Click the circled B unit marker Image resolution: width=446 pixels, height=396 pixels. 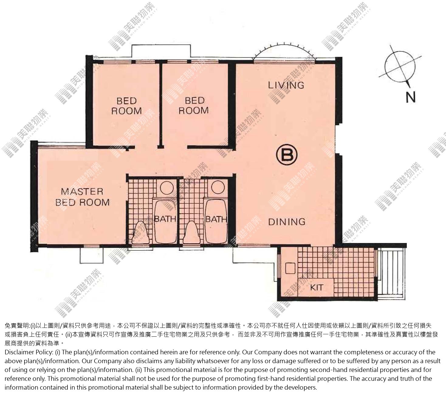coord(286,155)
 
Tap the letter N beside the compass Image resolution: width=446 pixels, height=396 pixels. coord(410,97)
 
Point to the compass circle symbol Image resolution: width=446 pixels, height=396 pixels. coord(400,66)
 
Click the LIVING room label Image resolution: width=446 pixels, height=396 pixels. coord(286,85)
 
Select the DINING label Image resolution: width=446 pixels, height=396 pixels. coord(286,222)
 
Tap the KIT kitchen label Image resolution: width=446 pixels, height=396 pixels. coord(317,287)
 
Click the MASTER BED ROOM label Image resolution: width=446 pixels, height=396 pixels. coord(82,197)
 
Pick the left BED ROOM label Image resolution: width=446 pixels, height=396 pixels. coord(127,106)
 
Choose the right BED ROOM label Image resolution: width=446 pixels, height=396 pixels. coord(194,106)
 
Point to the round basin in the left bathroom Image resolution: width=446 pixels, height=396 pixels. coord(167,188)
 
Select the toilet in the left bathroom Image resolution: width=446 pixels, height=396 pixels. coord(141,233)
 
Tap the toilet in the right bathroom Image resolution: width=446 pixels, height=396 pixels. coord(192,233)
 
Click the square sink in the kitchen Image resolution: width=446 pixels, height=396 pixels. coord(290,268)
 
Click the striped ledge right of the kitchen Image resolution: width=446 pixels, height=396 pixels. coord(392,274)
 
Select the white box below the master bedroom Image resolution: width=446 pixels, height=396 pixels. coord(91,255)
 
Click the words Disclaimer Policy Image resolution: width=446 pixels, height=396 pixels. coord(29,352)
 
